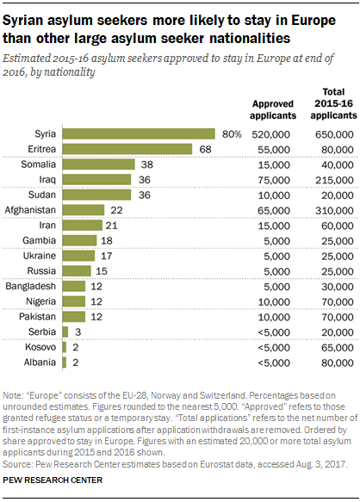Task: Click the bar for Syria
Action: pos(138,134)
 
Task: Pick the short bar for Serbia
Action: pos(65,331)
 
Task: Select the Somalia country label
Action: pos(38,164)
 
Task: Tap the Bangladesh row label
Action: pos(33,285)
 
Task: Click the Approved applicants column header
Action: pos(273,108)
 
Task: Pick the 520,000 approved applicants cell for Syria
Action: pos(271,134)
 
